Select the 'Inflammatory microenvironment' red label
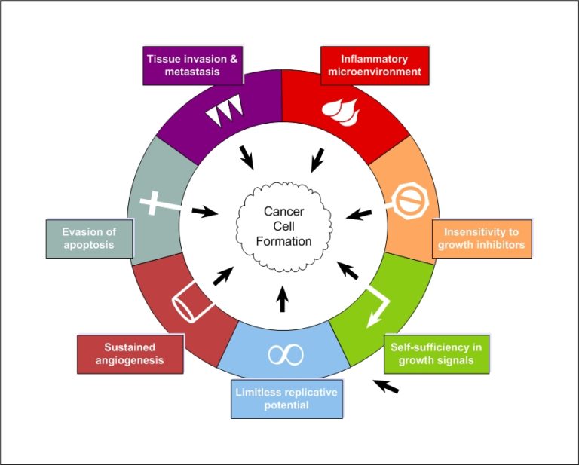375,66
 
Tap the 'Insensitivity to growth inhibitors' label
482,238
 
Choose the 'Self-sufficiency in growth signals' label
436,353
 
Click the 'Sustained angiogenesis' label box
130,353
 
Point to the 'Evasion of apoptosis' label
90,238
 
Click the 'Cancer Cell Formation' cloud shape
287,227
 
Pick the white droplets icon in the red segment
340,110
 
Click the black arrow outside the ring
387,387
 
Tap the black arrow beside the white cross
203,213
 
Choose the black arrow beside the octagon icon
360,215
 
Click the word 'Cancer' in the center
283,212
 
